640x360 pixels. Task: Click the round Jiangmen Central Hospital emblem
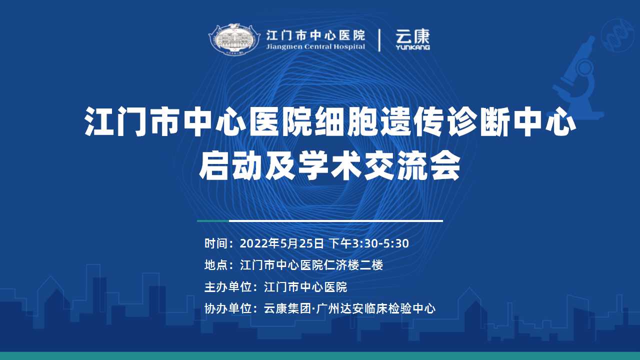[x=234, y=39]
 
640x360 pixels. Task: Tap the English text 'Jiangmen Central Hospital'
[x=315, y=46]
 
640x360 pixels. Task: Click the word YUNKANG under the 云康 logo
[x=412, y=47]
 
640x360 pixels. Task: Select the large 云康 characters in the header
[x=412, y=36]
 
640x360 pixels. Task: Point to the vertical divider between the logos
[x=379, y=40]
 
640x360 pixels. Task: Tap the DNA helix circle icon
[x=617, y=35]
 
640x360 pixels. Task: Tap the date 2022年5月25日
[x=281, y=243]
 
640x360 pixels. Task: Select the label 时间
[x=216, y=243]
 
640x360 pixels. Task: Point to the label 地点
[x=216, y=265]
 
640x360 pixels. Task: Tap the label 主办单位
[x=228, y=287]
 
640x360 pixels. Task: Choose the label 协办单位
[x=228, y=308]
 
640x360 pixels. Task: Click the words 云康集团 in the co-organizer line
[x=287, y=308]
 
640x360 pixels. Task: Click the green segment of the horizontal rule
[x=213, y=221]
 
